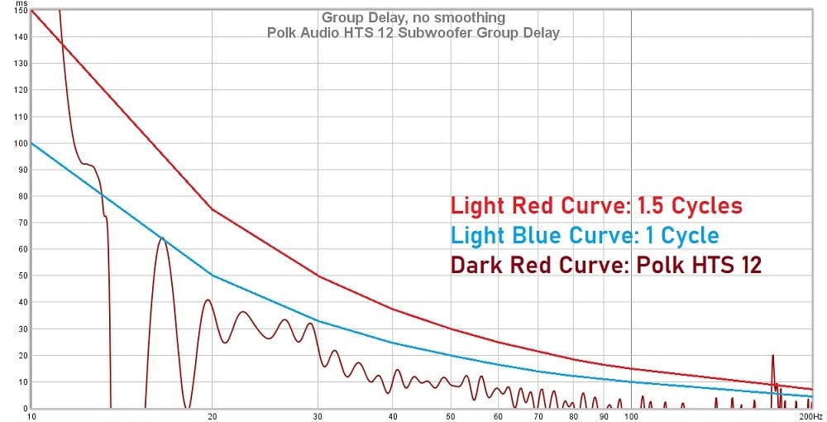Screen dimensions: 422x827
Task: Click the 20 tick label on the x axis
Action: coord(212,415)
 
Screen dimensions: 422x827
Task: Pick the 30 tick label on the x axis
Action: coord(319,415)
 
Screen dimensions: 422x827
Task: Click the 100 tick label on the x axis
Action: coord(631,415)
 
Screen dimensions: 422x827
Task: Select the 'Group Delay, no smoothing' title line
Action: coord(413,17)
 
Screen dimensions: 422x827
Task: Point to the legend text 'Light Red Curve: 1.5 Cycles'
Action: coord(596,206)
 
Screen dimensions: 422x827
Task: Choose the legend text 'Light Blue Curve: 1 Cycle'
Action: coord(585,236)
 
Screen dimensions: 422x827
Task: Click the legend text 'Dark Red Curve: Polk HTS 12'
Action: coord(605,266)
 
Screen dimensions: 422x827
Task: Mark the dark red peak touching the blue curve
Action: coord(162,238)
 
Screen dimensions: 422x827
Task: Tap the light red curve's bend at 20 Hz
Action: coord(212,209)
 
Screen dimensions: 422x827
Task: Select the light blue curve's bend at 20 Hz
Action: coord(212,275)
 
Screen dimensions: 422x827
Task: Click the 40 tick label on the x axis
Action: coord(393,415)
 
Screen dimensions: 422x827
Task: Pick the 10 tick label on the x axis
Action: coord(31,415)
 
